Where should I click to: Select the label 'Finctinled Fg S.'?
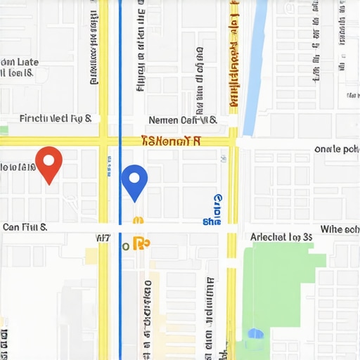[x=56, y=120]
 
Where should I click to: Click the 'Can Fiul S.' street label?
[x=25, y=227]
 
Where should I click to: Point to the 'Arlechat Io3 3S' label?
[x=281, y=237]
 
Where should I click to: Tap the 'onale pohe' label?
[x=337, y=149]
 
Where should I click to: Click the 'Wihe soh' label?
[x=340, y=229]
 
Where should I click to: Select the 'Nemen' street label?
[x=165, y=121]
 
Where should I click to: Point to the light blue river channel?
[x=253, y=63]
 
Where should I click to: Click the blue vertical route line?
[x=120, y=84]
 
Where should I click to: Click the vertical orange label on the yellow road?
[x=233, y=56]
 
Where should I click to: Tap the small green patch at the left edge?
[x=4, y=130]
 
